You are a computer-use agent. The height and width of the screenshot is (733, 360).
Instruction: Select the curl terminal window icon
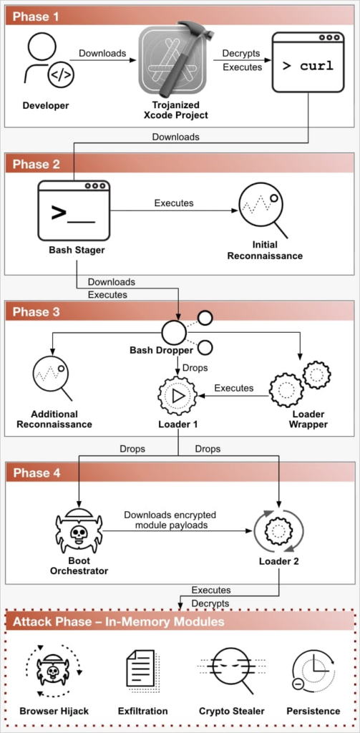[308, 62]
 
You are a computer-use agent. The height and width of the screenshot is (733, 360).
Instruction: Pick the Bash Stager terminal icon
[74, 210]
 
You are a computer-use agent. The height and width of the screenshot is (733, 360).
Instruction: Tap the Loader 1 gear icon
[177, 395]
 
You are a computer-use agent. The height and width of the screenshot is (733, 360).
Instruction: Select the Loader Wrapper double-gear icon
[300, 384]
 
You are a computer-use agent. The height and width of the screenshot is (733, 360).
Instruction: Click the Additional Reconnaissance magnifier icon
[52, 377]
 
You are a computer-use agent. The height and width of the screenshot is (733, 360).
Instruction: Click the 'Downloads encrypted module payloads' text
[170, 520]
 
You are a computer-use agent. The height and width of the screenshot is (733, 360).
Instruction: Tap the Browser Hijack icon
[54, 671]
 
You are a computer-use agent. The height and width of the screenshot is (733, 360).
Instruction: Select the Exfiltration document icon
[144, 671]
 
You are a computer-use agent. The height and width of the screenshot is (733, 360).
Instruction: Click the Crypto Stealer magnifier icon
[230, 670]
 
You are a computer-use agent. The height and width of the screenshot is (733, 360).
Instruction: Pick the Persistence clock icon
[312, 671]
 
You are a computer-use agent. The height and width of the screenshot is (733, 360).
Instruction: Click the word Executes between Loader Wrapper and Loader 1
[234, 388]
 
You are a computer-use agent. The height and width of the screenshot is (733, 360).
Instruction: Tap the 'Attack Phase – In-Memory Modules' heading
[119, 622]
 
